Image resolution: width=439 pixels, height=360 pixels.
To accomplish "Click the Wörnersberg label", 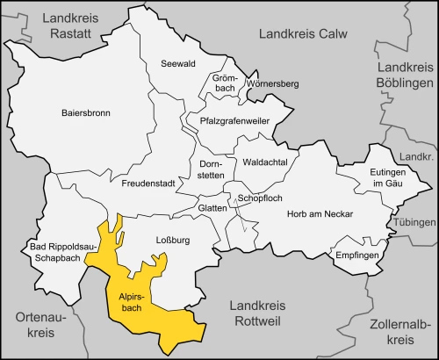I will [273, 84].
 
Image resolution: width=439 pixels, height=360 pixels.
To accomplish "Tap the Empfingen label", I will [356, 255].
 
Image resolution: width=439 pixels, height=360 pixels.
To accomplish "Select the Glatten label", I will [212, 207].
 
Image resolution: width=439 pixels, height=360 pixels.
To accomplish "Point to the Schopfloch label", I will [259, 199].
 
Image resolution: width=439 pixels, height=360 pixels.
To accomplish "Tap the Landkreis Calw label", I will [303, 33].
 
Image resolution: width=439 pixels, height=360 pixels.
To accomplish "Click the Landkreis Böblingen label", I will [405, 75].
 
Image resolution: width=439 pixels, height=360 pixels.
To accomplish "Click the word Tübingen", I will [416, 223].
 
